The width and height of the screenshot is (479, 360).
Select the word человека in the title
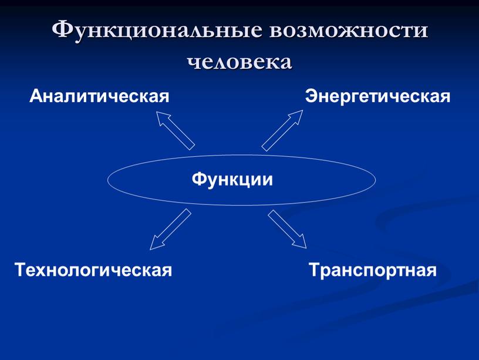point(239,60)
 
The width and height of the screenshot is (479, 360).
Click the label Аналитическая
point(100,95)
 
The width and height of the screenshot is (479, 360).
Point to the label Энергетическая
point(377,95)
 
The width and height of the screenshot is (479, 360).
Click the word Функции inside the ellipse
point(232,179)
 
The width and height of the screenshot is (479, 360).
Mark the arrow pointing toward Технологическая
point(170,229)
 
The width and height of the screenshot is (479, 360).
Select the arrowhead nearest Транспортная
point(299,240)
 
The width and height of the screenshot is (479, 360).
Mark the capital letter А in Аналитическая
point(36,95)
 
